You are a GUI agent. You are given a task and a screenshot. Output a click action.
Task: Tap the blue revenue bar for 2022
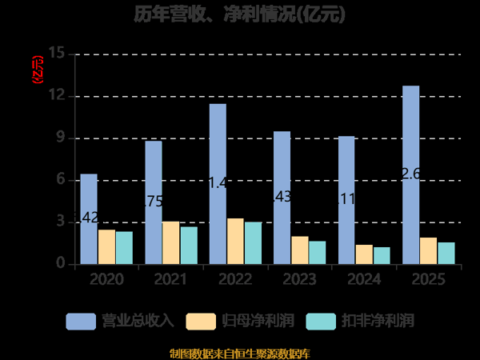(x=218, y=184)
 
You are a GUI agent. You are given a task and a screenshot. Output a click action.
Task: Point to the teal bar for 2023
(x=318, y=252)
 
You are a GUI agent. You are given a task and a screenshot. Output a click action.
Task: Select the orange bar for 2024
(x=364, y=254)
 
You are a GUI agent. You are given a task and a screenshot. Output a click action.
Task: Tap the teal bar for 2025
(x=446, y=253)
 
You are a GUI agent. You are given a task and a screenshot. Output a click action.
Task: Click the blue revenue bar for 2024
(x=346, y=200)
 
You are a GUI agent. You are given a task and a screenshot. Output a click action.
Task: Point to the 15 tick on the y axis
(x=57, y=54)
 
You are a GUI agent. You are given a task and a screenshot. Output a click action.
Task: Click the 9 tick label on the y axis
(x=61, y=138)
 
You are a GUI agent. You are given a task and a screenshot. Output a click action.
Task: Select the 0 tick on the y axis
(x=61, y=264)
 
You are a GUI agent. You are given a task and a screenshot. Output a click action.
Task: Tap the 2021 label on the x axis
(x=171, y=279)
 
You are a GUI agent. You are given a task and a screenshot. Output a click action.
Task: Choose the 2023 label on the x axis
(x=300, y=279)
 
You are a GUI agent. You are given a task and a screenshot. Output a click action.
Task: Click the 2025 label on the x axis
(x=429, y=279)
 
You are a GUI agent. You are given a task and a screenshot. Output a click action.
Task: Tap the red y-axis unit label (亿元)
(x=35, y=70)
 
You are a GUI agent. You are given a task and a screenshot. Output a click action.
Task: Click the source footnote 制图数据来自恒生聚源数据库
(x=240, y=353)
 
